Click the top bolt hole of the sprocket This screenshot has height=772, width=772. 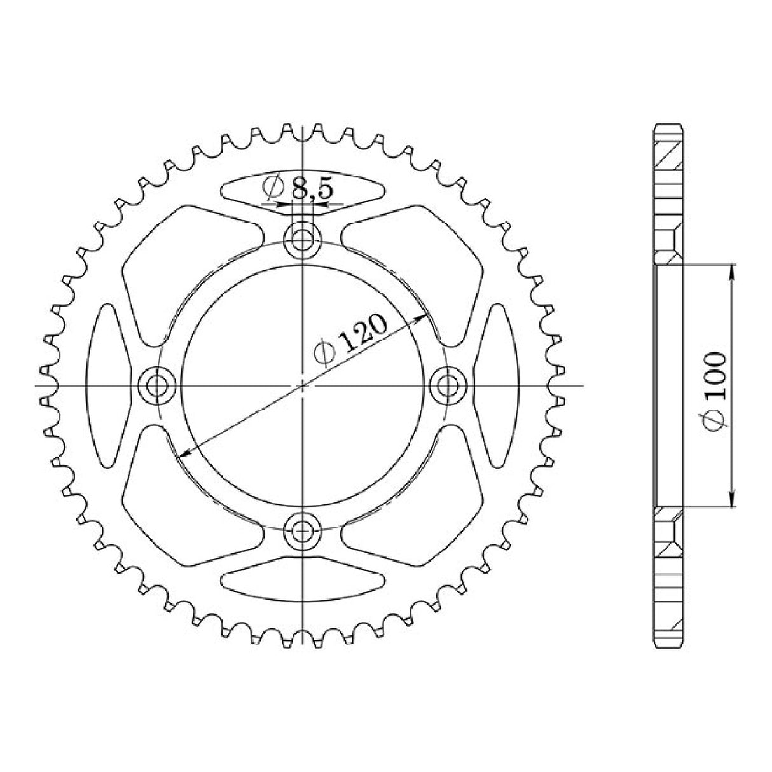tap(303, 240)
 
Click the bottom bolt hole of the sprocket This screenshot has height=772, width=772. tap(303, 527)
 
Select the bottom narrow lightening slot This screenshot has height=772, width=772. tap(303, 576)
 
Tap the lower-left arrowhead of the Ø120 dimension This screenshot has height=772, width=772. tap(184, 453)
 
